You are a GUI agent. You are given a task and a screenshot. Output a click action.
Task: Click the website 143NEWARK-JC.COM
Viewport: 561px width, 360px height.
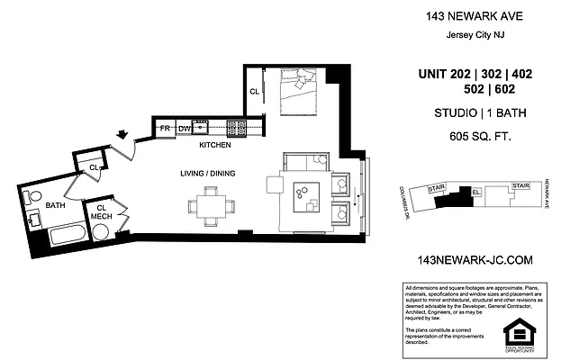471,259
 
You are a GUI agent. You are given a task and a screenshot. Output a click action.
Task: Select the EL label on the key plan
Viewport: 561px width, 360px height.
475,192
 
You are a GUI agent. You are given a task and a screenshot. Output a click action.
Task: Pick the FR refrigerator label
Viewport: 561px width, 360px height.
166,129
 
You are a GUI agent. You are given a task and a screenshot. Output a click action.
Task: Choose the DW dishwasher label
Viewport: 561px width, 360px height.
185,130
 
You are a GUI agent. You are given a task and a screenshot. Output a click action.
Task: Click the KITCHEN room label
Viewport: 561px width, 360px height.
214,145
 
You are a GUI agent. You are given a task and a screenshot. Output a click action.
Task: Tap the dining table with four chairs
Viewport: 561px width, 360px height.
213,205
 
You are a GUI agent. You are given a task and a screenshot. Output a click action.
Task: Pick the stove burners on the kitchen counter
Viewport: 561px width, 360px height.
236,127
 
